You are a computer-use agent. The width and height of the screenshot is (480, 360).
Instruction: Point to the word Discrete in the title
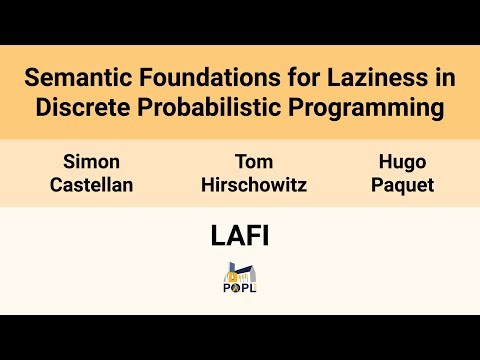coord(80,108)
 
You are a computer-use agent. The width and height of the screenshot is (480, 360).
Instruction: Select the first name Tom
coord(254,160)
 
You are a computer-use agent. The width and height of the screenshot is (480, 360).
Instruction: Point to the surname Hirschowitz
coord(254,185)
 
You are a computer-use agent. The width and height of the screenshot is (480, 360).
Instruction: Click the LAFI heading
coord(240,236)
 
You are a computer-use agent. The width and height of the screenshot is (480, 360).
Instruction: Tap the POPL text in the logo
coord(240,288)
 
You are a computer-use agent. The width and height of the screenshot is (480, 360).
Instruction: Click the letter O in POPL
coord(237,288)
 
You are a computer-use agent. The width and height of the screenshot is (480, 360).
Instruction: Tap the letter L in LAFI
coord(218,236)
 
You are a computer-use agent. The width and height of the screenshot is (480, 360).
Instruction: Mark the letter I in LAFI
coord(267,236)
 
